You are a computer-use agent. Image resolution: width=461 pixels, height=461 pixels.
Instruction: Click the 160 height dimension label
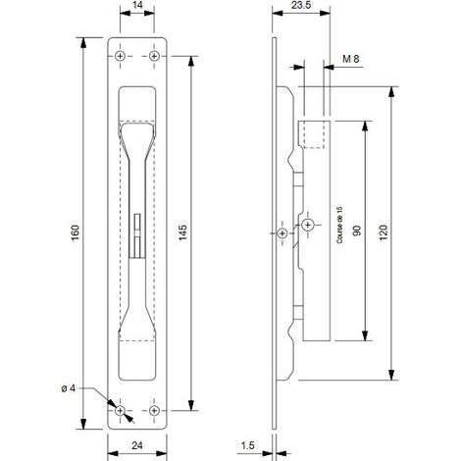76,232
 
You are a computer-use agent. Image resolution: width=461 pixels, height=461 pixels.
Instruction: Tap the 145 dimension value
183,232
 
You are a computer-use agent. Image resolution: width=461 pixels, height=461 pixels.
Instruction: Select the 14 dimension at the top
137,5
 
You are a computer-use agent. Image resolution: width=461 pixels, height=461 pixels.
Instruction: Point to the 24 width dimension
137,445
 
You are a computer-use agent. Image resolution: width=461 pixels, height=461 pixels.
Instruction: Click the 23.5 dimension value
301,5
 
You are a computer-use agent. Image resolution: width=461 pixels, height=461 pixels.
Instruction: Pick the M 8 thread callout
350,59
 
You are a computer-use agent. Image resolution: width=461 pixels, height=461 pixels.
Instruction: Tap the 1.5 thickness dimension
247,445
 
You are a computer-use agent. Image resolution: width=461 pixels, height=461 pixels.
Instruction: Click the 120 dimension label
384,232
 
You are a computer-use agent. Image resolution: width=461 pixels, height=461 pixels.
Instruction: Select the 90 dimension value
357,230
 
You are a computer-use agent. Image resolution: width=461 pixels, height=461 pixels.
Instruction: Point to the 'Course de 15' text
339,226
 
